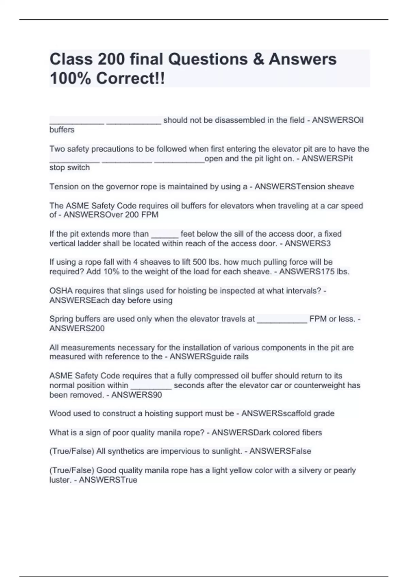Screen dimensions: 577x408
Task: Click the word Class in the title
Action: tap(71, 59)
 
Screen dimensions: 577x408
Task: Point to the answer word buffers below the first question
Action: tap(62, 130)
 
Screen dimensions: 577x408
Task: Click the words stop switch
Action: tap(70, 168)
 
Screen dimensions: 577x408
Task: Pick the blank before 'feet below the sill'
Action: tap(165, 234)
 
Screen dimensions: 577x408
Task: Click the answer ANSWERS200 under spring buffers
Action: tap(77, 329)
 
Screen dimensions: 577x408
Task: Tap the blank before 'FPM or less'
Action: tap(282, 319)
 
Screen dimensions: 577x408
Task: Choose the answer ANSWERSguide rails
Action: tap(209, 357)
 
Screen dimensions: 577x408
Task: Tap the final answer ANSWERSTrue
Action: tap(108, 480)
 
